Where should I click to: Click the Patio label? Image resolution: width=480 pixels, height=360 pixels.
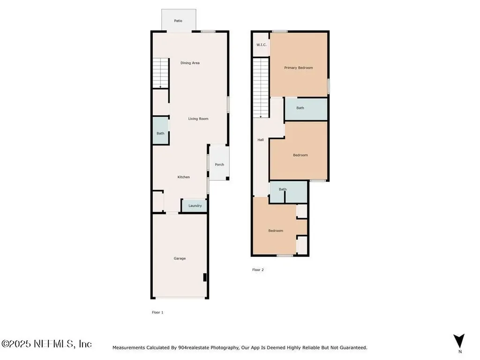(x=178, y=21)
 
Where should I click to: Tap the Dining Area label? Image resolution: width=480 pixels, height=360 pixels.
(x=190, y=63)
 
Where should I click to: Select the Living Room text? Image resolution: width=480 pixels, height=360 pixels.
(x=198, y=119)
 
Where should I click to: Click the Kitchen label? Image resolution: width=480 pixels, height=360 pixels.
(x=184, y=177)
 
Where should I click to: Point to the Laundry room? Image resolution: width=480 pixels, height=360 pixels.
(x=195, y=206)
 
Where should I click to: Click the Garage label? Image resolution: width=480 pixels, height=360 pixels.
(x=180, y=258)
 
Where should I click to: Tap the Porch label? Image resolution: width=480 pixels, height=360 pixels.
(x=219, y=165)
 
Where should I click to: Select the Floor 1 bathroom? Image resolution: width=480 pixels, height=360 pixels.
(x=161, y=130)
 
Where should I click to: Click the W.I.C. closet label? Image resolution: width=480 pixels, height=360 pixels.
(x=262, y=45)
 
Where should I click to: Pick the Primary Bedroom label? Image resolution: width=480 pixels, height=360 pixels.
(x=299, y=67)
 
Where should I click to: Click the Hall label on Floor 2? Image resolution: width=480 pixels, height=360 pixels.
(x=261, y=140)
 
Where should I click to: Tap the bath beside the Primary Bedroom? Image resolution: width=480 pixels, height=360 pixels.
(x=306, y=109)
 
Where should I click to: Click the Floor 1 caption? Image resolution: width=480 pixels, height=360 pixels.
(x=157, y=312)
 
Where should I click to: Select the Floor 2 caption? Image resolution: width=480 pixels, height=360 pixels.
(x=258, y=270)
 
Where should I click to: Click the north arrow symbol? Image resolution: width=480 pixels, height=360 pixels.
(x=459, y=341)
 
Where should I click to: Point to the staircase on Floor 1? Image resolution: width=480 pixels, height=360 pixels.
(x=161, y=73)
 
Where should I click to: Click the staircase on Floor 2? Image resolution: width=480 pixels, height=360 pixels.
(x=261, y=88)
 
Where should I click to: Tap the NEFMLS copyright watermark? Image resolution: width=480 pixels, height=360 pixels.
(x=46, y=344)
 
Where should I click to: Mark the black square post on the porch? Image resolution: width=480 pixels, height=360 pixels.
(x=227, y=178)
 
